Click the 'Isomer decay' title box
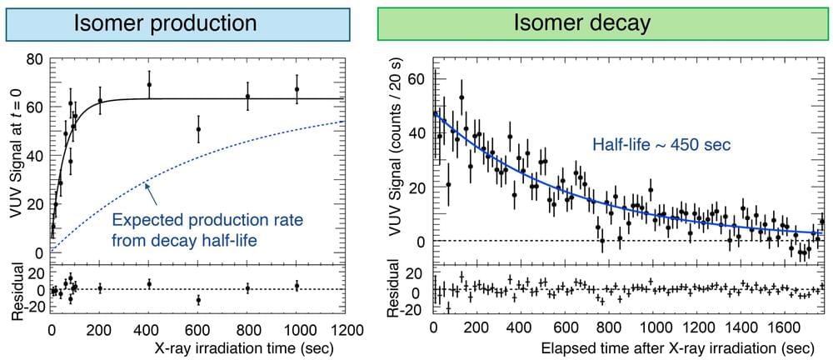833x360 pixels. [592, 22]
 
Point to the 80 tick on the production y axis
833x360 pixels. [36, 59]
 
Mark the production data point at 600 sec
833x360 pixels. [198, 129]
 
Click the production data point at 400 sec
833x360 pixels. [149, 85]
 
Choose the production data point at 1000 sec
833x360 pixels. [297, 89]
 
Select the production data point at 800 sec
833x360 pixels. [247, 97]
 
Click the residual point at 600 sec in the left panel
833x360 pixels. [198, 299]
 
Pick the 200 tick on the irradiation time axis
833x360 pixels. [100, 327]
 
